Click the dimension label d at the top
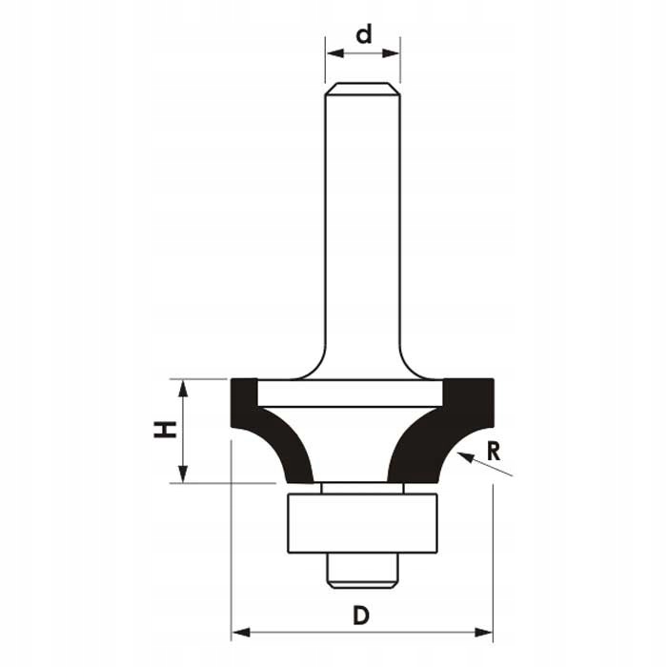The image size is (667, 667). coord(363,35)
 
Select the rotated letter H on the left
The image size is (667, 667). coord(165,431)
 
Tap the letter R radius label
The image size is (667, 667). coord(493,451)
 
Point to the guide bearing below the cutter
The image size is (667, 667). coord(362,522)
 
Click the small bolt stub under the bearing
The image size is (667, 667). coord(362,569)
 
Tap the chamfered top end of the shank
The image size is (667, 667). coord(362,90)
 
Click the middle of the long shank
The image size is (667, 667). coord(362,229)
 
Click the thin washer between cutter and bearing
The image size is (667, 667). coord(362,488)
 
